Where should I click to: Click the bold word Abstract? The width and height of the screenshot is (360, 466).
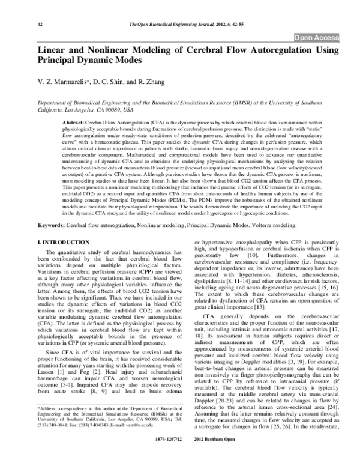point(73,121)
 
